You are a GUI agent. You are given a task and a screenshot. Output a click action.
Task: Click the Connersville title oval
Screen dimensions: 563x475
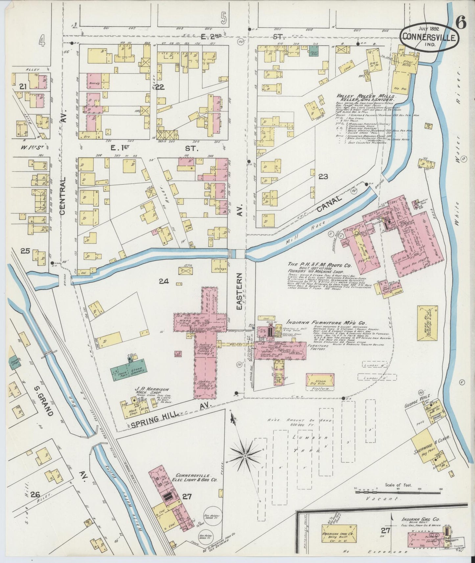pyautogui.click(x=429, y=37)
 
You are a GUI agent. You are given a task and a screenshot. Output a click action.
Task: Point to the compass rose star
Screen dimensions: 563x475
pyautogui.click(x=245, y=457)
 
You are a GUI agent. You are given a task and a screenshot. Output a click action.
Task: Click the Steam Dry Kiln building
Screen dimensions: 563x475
pyautogui.click(x=320, y=379)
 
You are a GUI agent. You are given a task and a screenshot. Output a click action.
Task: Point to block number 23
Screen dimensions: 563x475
pyautogui.click(x=323, y=177)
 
